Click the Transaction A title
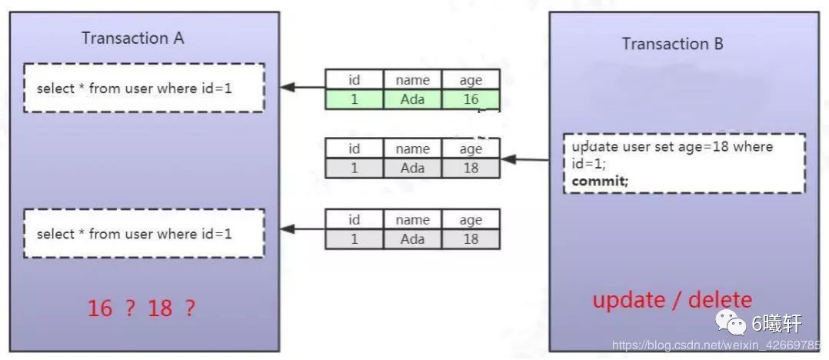click(x=133, y=38)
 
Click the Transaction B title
click(x=672, y=44)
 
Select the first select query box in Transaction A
click(x=144, y=88)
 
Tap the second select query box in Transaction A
click(x=144, y=233)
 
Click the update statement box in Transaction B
click(x=684, y=163)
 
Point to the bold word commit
click(x=600, y=182)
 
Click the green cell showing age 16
click(x=471, y=99)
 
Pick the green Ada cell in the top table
click(x=412, y=99)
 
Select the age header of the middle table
click(x=471, y=148)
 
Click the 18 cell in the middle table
click(x=471, y=168)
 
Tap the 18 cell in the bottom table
click(x=471, y=239)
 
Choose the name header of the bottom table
click(x=412, y=220)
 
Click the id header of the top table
click(x=354, y=80)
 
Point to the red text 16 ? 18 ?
click(x=141, y=308)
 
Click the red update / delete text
click(x=672, y=300)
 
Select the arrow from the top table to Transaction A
click(x=301, y=88)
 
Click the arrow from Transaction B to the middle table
click(x=525, y=160)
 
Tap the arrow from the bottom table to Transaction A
click(x=301, y=228)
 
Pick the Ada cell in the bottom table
click(x=412, y=239)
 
